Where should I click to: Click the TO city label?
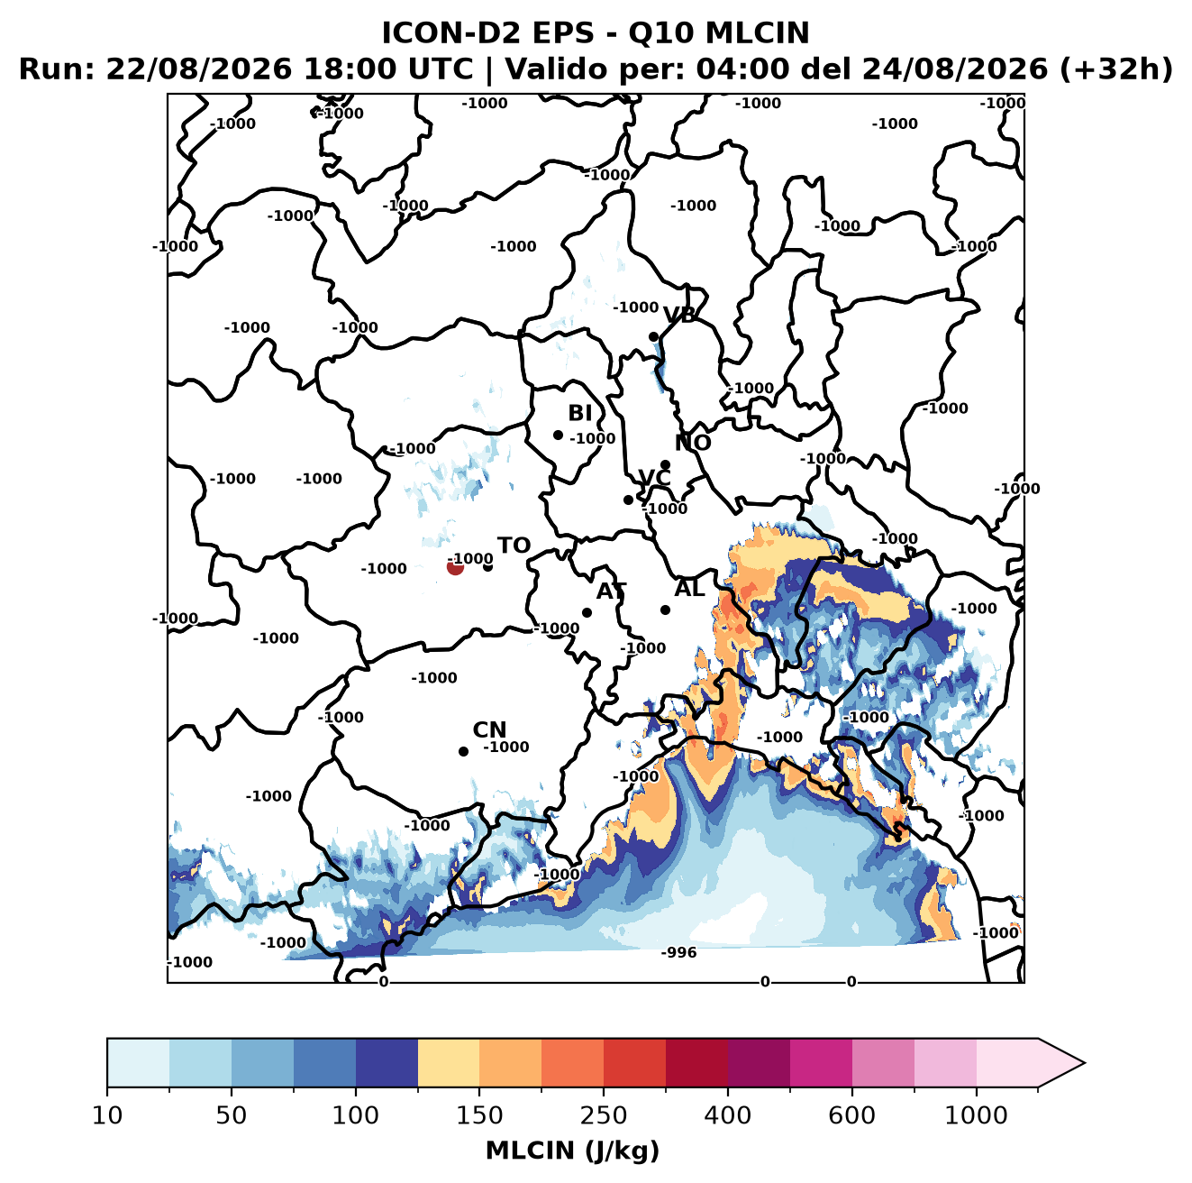click(514, 546)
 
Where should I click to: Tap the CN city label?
click(489, 729)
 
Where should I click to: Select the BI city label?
click(579, 412)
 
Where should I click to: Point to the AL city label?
click(689, 588)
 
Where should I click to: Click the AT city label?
click(611, 591)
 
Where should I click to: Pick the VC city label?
click(654, 477)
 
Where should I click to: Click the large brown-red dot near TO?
click(455, 566)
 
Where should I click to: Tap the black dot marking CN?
click(463, 751)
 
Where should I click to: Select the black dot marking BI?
click(558, 436)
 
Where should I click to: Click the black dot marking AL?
click(665, 610)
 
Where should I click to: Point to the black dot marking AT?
click(587, 613)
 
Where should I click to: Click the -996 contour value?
click(678, 952)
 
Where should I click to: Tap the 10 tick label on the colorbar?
click(107, 1115)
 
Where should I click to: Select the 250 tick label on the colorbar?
click(603, 1115)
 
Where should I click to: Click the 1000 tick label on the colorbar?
click(976, 1115)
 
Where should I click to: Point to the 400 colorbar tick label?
click(727, 1115)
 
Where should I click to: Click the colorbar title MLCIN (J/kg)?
click(572, 1151)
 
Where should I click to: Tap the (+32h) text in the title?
click(1115, 69)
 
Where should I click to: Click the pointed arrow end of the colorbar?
click(1084, 1063)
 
